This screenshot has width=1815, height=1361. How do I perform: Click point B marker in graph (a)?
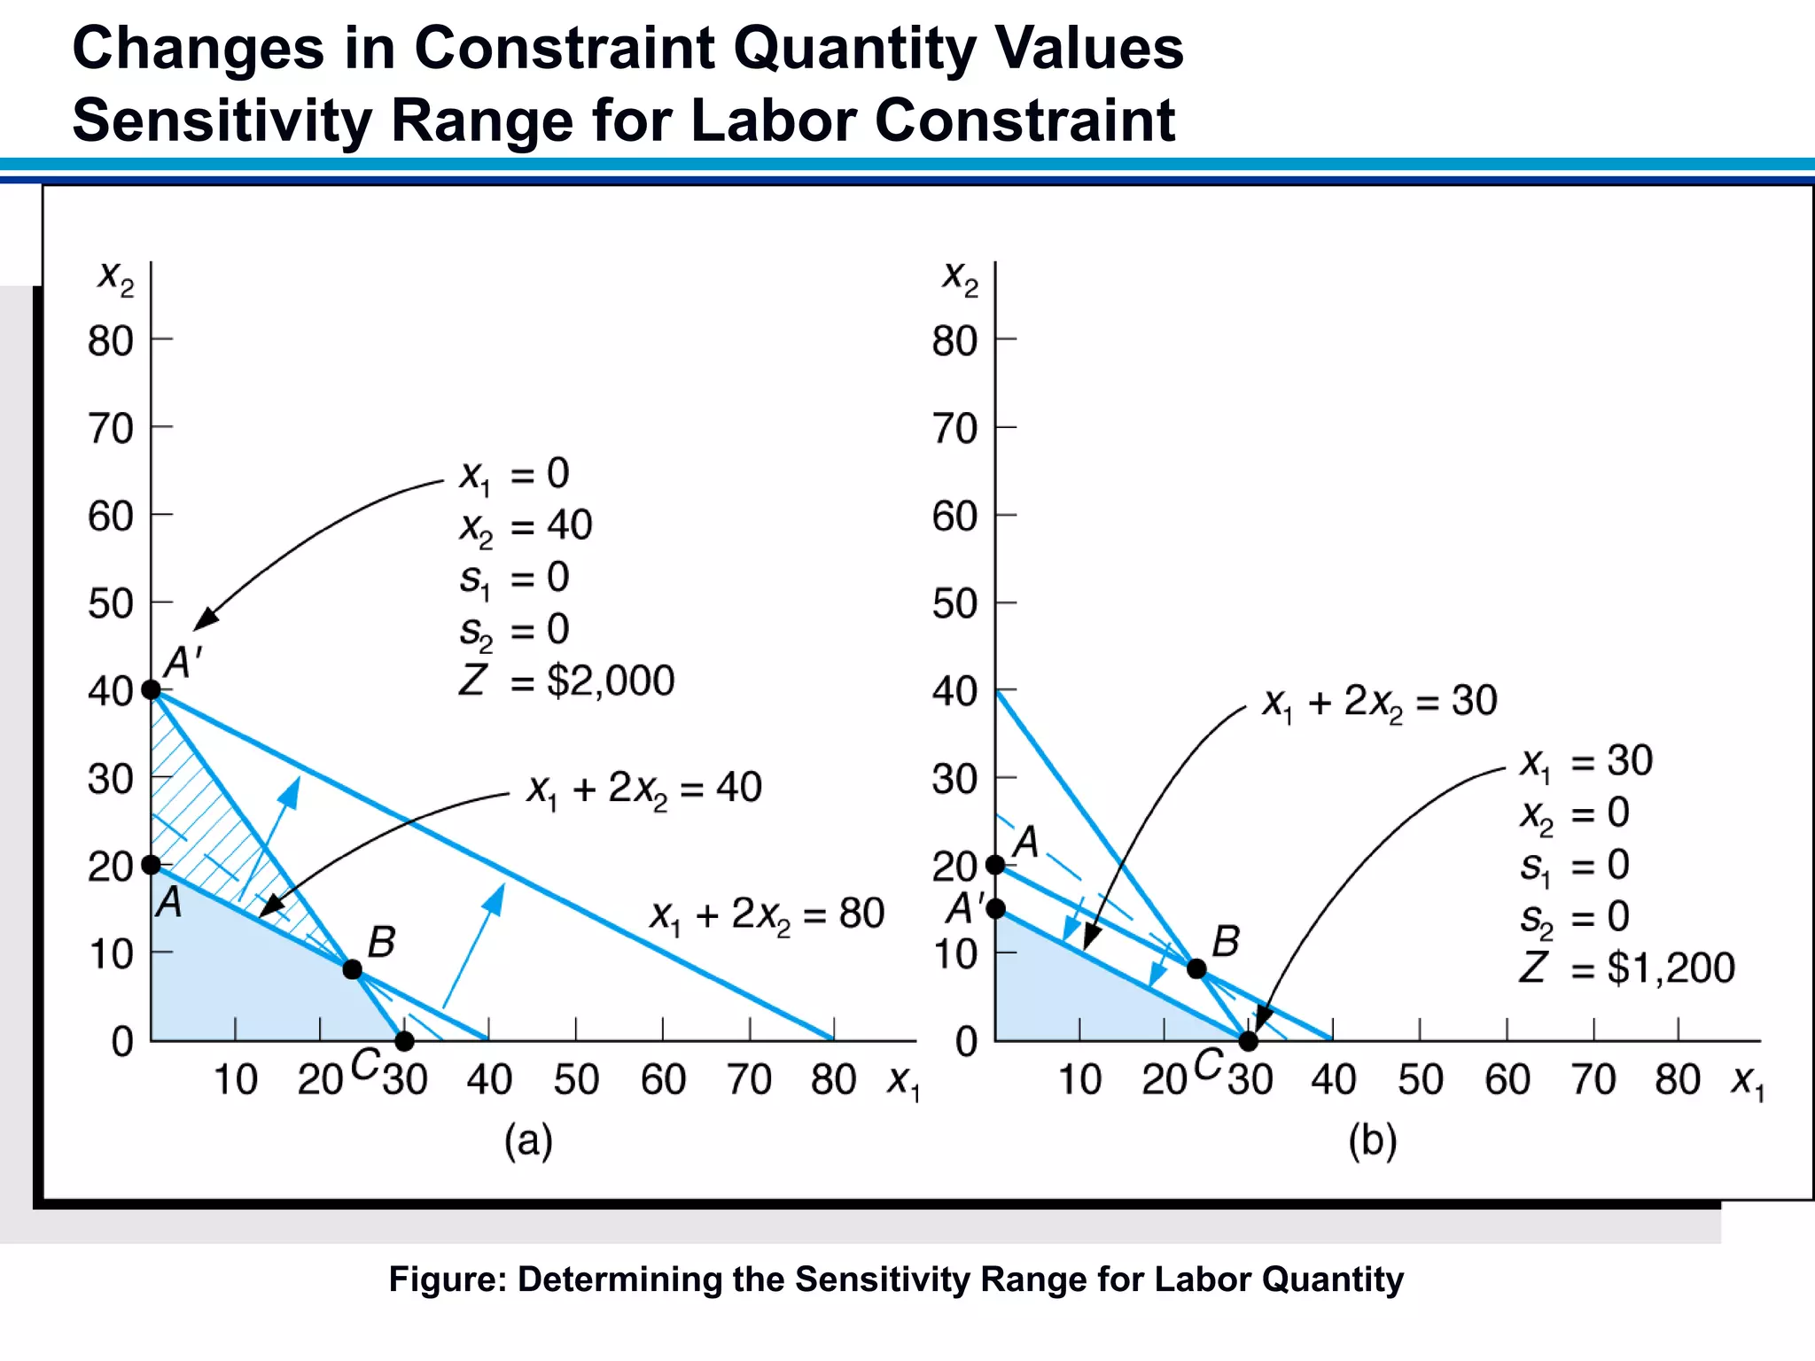click(x=352, y=968)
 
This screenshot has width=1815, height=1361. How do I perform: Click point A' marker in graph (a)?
click(x=152, y=688)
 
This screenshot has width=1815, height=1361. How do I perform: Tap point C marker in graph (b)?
click(x=1248, y=1040)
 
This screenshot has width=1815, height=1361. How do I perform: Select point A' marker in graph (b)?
click(x=996, y=908)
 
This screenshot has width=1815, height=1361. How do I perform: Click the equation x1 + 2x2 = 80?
click(x=767, y=914)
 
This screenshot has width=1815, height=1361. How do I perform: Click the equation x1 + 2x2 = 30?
click(x=1379, y=702)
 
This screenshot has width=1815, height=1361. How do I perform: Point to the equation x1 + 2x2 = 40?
click(x=644, y=788)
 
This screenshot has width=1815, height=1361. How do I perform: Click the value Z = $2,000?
click(x=567, y=680)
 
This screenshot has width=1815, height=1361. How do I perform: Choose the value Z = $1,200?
click(x=1627, y=968)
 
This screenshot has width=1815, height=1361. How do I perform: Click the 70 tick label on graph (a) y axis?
click(x=111, y=429)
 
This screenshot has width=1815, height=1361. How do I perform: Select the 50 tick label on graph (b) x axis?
click(x=1420, y=1079)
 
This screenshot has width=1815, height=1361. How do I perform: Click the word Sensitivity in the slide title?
click(x=222, y=121)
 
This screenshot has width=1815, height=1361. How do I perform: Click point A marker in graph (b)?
click(x=996, y=864)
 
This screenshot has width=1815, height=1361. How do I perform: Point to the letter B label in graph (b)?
click(x=1226, y=941)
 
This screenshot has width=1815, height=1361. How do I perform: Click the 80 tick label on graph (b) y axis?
click(x=954, y=341)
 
